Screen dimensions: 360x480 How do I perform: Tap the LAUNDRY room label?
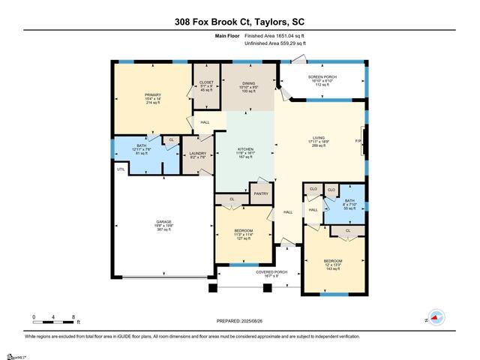(197, 153)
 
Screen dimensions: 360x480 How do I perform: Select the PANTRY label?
(260, 193)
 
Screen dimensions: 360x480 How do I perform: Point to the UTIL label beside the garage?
(121, 169)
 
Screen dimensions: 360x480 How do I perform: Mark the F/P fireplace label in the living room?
(358, 141)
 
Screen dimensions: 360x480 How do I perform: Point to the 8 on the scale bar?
(73, 317)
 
